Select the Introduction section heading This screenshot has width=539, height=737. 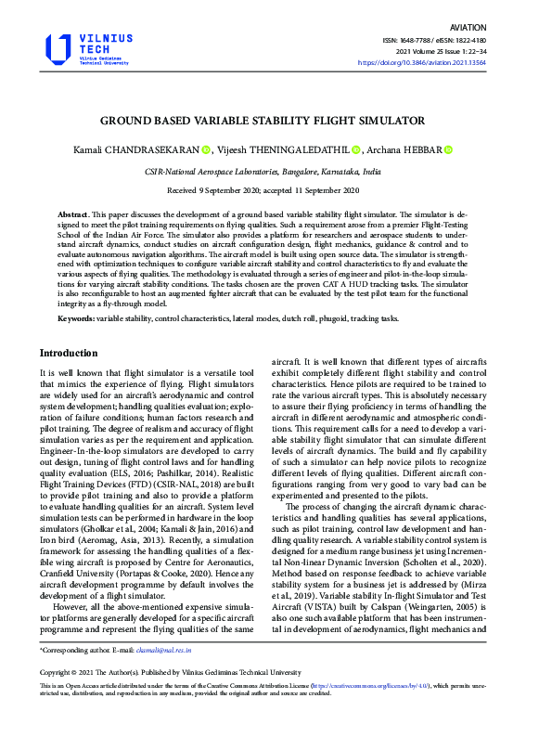[x=68, y=353]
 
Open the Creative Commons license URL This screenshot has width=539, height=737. [x=352, y=687]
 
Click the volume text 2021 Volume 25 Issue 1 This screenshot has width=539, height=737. [x=474, y=52]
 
